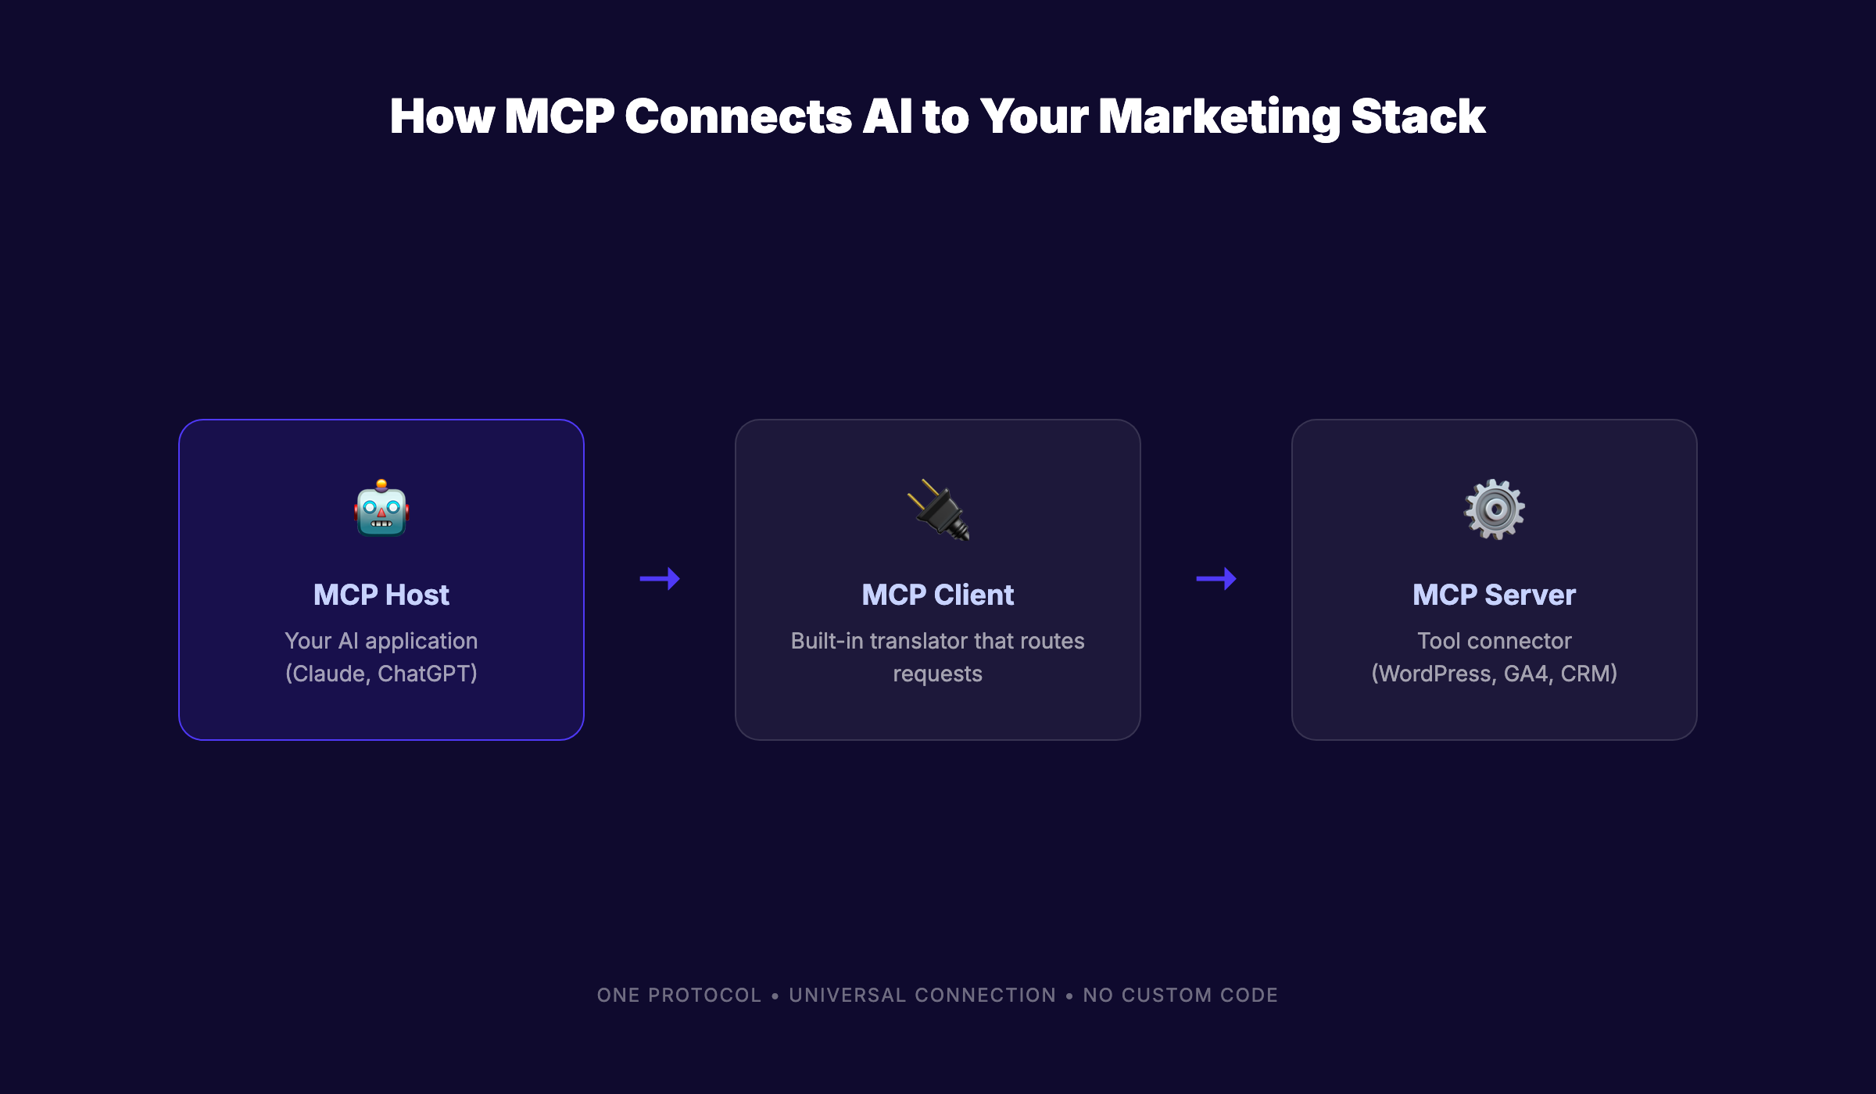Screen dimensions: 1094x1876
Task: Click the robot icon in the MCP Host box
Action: tap(381, 509)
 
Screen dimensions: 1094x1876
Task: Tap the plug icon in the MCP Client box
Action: tap(938, 510)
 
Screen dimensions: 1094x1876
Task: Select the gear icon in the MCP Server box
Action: tap(1494, 509)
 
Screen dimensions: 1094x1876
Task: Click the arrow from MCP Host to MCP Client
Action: tap(660, 579)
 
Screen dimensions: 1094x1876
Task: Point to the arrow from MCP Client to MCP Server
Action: tap(1216, 579)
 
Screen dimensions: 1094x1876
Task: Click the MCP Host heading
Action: tap(381, 595)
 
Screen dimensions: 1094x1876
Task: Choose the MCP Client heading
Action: tap(938, 595)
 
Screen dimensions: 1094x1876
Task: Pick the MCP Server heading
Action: tap(1494, 595)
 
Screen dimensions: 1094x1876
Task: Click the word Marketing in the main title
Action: tap(1219, 117)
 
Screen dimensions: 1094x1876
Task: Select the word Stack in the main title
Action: tap(1418, 117)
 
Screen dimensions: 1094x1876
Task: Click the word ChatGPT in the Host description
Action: tap(427, 674)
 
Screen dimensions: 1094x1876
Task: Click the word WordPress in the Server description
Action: tap(1434, 674)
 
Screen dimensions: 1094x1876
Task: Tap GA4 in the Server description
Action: tap(1526, 674)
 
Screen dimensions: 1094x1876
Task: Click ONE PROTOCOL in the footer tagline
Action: tap(679, 996)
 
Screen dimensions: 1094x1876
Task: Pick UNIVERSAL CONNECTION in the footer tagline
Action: tap(922, 996)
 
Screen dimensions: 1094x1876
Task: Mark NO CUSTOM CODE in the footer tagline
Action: tap(1180, 996)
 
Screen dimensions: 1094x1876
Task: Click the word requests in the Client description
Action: tap(938, 674)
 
